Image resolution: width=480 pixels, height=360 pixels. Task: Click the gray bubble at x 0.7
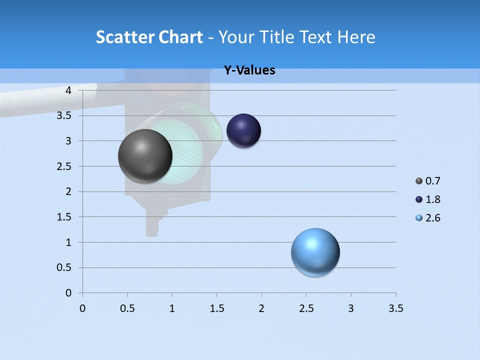(x=145, y=156)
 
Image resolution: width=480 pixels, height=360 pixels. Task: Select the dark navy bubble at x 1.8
(x=243, y=131)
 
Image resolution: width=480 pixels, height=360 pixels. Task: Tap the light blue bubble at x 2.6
(x=315, y=252)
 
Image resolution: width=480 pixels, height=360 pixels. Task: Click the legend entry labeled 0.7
(x=432, y=181)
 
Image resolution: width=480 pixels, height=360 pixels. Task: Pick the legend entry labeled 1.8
(x=432, y=199)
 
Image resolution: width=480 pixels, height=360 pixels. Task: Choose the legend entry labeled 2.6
(x=432, y=218)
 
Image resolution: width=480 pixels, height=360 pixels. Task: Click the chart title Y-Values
(x=249, y=70)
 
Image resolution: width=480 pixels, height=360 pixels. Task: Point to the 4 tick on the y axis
(x=68, y=90)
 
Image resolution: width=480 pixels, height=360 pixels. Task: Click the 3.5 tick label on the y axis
(x=64, y=116)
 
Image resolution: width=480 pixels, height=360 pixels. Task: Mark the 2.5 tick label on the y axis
(x=64, y=166)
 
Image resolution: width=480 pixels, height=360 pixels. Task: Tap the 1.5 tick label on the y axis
(x=64, y=217)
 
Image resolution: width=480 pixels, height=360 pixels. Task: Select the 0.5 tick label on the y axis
(x=64, y=267)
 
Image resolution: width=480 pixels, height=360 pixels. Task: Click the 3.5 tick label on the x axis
(x=395, y=308)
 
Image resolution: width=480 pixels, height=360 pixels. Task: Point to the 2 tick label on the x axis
(x=261, y=308)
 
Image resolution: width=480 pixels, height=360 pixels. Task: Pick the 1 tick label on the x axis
(x=172, y=308)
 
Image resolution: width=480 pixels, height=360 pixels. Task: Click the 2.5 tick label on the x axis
(x=306, y=308)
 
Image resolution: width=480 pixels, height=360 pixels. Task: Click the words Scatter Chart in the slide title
(x=149, y=37)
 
